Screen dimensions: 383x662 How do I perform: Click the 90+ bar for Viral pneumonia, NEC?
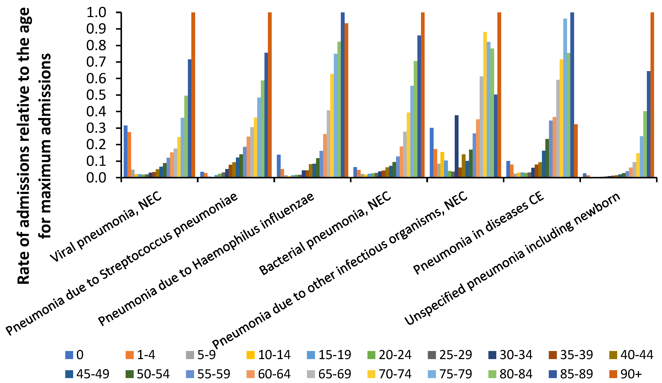pyautogui.click(x=193, y=95)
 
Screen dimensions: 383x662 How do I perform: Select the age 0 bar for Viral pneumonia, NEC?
pyautogui.click(x=126, y=151)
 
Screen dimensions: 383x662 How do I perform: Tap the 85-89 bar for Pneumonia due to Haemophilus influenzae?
pyautogui.click(x=343, y=95)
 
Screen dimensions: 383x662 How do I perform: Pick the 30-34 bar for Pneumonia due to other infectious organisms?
pyautogui.click(x=457, y=146)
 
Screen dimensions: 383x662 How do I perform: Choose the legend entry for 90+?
pyautogui.click(x=625, y=374)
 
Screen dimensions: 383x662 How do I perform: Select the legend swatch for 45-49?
pyautogui.click(x=69, y=374)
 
